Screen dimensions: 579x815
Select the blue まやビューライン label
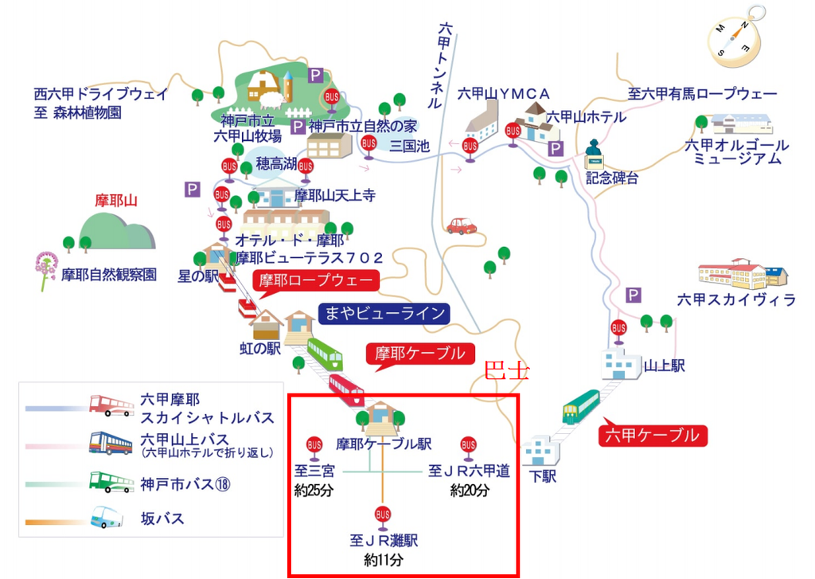pos(384,313)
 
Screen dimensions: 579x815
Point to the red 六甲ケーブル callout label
pos(652,436)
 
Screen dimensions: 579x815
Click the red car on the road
pos(462,226)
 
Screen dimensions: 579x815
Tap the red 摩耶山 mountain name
pos(116,201)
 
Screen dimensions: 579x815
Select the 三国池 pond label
pos(409,146)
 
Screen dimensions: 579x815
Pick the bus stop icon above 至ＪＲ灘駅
pos(383,515)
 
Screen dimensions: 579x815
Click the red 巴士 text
pos(506,371)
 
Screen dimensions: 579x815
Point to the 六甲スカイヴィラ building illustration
pos(744,274)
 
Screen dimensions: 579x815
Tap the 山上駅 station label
pos(665,366)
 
